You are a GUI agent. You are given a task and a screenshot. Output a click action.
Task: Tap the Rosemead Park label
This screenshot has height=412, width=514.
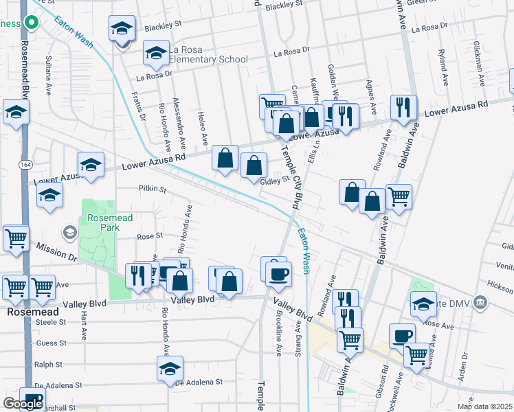pyautogui.click(x=104, y=222)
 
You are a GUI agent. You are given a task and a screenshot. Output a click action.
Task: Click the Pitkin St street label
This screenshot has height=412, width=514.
pyautogui.click(x=153, y=188)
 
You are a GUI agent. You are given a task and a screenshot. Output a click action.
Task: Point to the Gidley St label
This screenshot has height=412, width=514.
pyautogui.click(x=275, y=181)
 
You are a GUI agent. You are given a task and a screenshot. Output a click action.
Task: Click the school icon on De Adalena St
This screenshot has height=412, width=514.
pyautogui.click(x=170, y=369)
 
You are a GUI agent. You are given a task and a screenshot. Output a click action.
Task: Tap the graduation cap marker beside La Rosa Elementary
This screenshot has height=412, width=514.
pyautogui.click(x=156, y=54)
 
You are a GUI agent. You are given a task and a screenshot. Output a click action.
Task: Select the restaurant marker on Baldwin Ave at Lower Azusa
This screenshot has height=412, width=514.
pyautogui.click(x=403, y=107)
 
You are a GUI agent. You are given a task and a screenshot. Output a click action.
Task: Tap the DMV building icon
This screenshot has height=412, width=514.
pyautogui.click(x=480, y=301)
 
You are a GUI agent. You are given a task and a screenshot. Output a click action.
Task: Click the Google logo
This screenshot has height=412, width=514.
pyautogui.click(x=23, y=404)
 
